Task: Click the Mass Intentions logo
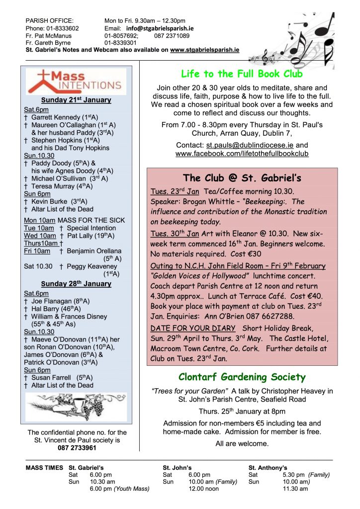click(76, 82)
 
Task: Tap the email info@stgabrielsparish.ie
click(160, 29)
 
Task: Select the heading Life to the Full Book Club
click(242, 74)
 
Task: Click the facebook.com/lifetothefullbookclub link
click(242, 154)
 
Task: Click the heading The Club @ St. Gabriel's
click(242, 178)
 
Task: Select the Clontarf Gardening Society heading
click(242, 377)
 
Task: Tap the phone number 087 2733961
click(77, 447)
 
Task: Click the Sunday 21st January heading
click(76, 100)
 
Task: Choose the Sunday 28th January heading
click(76, 284)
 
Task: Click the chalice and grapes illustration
click(76, 407)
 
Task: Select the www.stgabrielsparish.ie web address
click(204, 50)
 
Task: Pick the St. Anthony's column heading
click(268, 468)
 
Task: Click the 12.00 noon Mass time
click(203, 489)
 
